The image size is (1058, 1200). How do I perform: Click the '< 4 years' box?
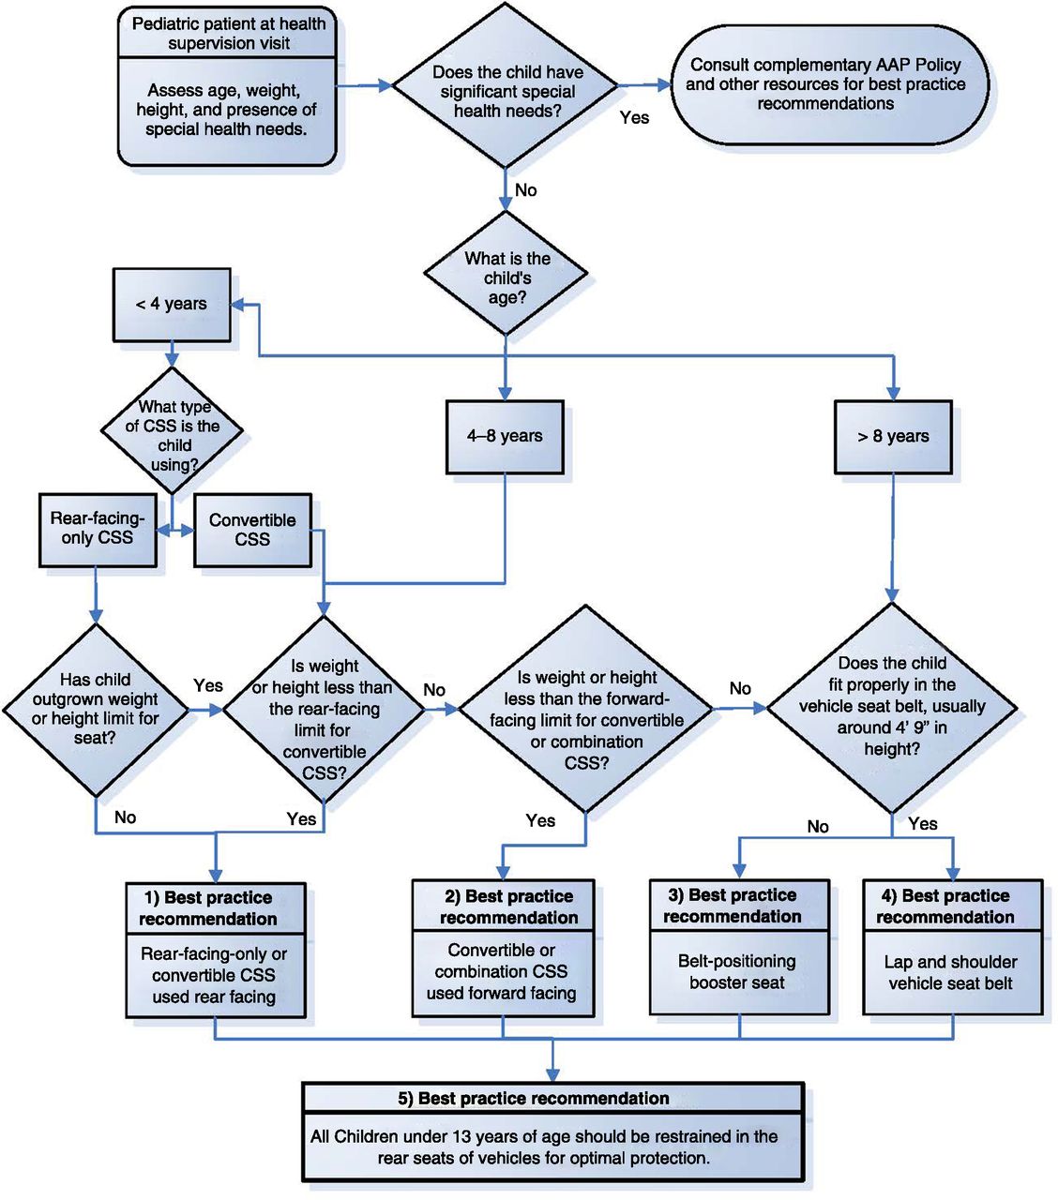(171, 305)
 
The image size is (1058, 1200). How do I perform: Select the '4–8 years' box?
(505, 436)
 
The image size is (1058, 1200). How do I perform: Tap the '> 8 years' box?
(893, 436)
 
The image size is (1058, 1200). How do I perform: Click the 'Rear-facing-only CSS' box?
(98, 529)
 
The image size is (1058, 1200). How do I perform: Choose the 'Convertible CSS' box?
(252, 530)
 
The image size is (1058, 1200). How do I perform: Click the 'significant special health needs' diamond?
(506, 91)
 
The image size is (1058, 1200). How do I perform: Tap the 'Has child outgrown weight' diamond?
(97, 709)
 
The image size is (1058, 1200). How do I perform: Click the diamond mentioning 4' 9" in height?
(892, 706)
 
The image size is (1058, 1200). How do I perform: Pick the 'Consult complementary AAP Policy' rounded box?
(825, 84)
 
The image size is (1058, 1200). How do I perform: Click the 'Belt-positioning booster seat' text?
(737, 972)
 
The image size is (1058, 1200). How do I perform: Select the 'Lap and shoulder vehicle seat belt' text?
(951, 973)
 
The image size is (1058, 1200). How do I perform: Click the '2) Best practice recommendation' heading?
(507, 907)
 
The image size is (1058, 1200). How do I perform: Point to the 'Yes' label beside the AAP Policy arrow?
(635, 118)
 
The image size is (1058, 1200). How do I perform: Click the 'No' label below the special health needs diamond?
(526, 190)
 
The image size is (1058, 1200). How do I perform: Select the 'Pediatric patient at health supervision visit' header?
(228, 34)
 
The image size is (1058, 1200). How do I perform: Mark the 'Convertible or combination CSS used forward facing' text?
(502, 972)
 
